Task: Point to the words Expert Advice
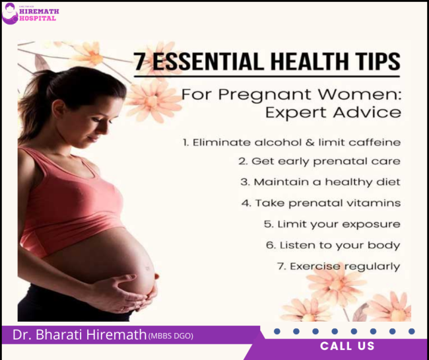tap(333, 112)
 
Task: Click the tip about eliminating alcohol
tap(291, 142)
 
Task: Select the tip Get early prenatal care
tap(319, 161)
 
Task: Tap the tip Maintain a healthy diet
tap(319, 182)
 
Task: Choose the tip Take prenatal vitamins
tap(320, 203)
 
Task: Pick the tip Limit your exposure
tap(332, 224)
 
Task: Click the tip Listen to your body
tap(333, 245)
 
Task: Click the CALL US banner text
tap(347, 346)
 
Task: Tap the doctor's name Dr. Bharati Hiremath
tap(79, 335)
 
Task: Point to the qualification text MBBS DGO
tap(170, 336)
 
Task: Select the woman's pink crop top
tap(79, 198)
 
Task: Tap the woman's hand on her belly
tap(129, 291)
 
